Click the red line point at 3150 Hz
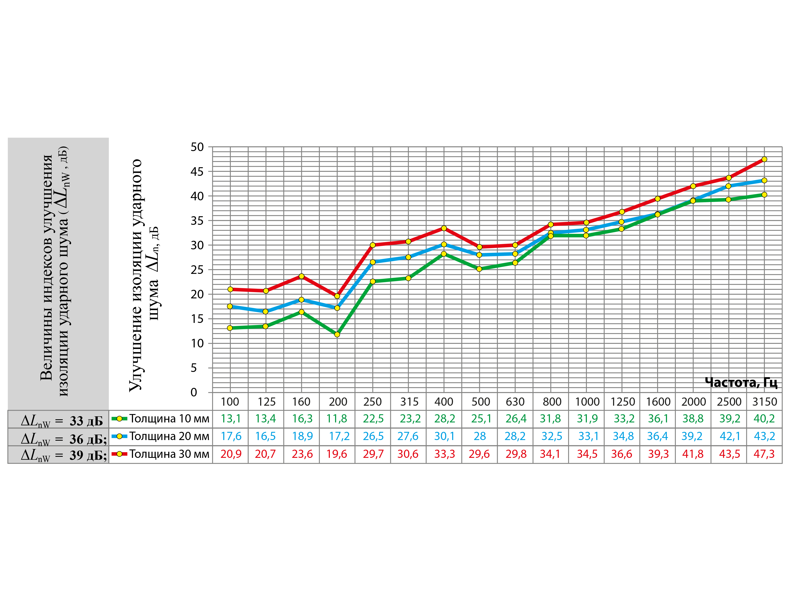764,159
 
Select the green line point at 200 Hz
337,334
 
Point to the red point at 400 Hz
444,228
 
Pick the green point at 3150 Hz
764,195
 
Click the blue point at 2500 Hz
728,186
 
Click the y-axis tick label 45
197,172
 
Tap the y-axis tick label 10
197,343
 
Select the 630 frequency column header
515,402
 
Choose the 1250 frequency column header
622,402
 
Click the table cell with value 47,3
764,454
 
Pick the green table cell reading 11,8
337,418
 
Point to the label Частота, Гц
741,382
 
